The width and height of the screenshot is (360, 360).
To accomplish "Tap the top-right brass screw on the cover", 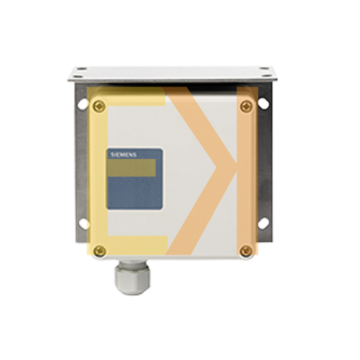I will pyautogui.click(x=245, y=106).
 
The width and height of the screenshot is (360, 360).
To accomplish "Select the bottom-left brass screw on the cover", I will pyautogui.click(x=100, y=251).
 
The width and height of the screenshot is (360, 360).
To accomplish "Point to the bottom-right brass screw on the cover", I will pyautogui.click(x=246, y=251).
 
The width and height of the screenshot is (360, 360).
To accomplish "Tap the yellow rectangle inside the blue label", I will pyautogui.click(x=132, y=168).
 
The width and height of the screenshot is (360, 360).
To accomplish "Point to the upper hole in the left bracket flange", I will pyautogui.click(x=83, y=104).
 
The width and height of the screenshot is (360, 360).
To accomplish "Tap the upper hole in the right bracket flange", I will pyautogui.click(x=264, y=104).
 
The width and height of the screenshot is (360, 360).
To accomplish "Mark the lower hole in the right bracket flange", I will pyautogui.click(x=264, y=223).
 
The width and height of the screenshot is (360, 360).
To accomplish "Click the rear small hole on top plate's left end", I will pyautogui.click(x=82, y=68).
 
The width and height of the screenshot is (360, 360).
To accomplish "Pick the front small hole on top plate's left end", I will pyautogui.click(x=76, y=77).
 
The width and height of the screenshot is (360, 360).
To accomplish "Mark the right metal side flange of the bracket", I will pyautogui.click(x=265, y=166).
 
